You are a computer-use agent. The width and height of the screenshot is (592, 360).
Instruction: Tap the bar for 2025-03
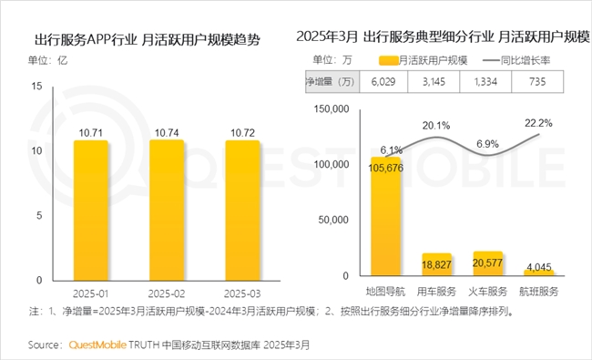tap(242, 211)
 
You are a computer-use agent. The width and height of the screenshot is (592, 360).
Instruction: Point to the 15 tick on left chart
tap(37, 87)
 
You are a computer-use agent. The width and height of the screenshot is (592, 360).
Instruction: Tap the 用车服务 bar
tap(437, 263)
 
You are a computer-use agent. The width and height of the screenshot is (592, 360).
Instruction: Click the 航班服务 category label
tap(539, 292)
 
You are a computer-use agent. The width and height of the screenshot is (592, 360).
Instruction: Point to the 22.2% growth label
tap(538, 122)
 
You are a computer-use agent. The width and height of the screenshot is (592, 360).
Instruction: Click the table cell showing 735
tap(538, 82)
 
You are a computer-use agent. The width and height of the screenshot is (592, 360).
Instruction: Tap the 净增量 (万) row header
tap(331, 82)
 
